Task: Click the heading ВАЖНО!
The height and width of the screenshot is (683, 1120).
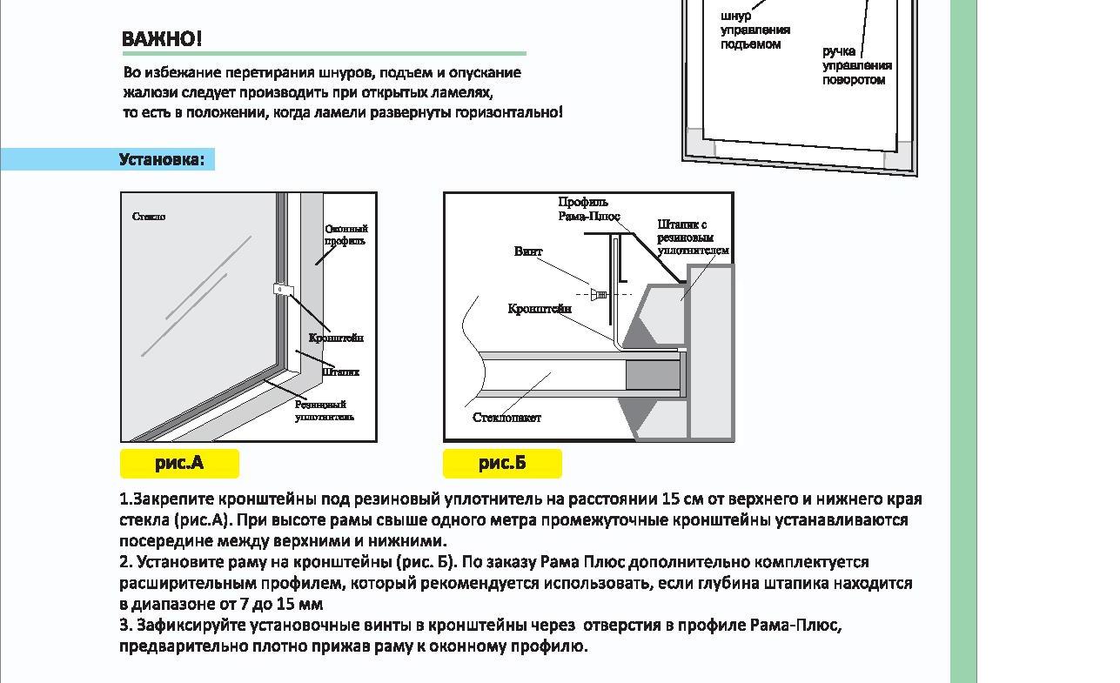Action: tap(162, 39)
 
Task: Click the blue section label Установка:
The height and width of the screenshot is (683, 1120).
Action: tap(162, 159)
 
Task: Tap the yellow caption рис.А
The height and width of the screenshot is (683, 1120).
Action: tap(179, 463)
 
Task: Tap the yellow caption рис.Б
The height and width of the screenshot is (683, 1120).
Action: tap(502, 463)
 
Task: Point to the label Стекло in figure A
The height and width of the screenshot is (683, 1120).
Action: tap(149, 217)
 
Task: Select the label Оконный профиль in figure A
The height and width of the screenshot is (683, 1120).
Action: tap(345, 235)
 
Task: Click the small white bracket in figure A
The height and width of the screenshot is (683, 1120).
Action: tap(283, 291)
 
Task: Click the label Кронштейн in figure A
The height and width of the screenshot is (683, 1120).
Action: tap(336, 338)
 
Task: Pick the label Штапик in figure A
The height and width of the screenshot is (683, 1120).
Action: tap(340, 372)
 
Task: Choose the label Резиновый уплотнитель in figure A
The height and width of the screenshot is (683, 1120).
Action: tap(324, 411)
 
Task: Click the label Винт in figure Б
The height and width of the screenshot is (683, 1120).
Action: tap(527, 251)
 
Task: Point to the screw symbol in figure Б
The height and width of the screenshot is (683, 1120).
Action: tap(600, 295)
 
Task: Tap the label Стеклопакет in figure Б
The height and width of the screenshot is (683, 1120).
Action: tap(506, 418)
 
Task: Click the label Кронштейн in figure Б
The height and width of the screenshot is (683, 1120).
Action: tap(540, 309)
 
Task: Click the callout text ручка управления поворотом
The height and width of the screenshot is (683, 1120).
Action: tap(856, 66)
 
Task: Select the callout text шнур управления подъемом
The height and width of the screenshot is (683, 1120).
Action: tap(754, 30)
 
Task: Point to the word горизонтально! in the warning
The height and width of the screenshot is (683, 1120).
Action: tap(509, 112)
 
